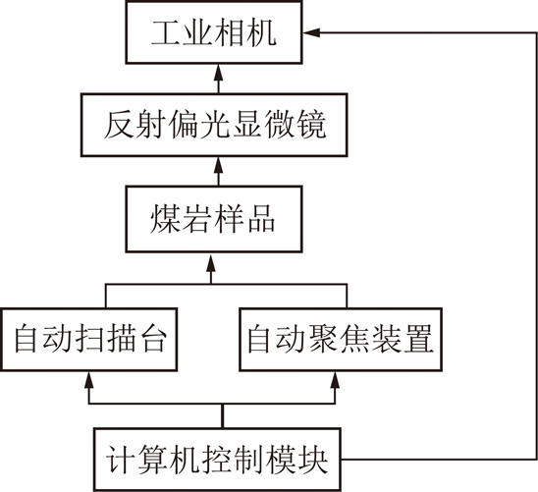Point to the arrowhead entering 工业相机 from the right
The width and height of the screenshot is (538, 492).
click(x=311, y=32)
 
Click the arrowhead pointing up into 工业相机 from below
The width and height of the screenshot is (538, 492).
click(x=219, y=73)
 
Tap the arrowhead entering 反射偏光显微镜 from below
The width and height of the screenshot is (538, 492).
click(x=219, y=165)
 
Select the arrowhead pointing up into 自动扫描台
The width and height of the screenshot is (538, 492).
click(x=89, y=379)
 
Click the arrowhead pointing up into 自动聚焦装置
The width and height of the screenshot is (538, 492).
click(x=335, y=379)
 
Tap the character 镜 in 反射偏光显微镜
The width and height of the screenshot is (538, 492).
click(x=311, y=125)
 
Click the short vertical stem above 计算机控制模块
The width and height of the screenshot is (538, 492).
click(x=223, y=415)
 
